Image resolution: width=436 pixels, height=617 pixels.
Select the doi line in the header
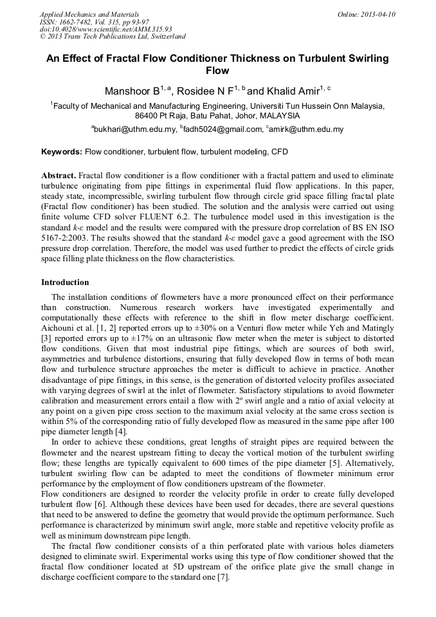105,30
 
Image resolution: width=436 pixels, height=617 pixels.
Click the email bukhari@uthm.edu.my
135,129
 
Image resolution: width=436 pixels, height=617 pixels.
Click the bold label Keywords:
62,152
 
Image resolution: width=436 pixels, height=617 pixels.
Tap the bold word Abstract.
59,176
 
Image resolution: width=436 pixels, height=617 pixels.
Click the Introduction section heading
65,282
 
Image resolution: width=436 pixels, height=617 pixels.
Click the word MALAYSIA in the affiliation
279,116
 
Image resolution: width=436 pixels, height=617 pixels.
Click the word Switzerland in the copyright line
164,37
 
